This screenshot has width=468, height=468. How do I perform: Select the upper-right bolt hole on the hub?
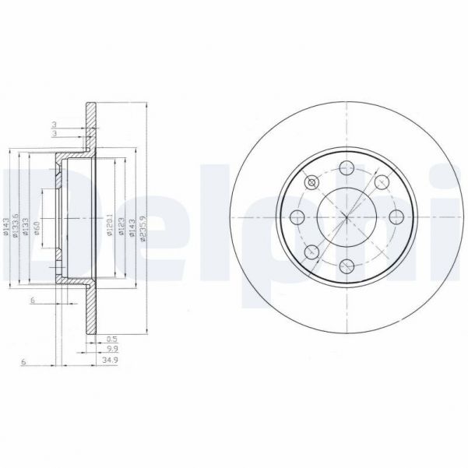coord(382,182)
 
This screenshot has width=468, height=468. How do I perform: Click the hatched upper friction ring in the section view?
coord(90,125)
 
